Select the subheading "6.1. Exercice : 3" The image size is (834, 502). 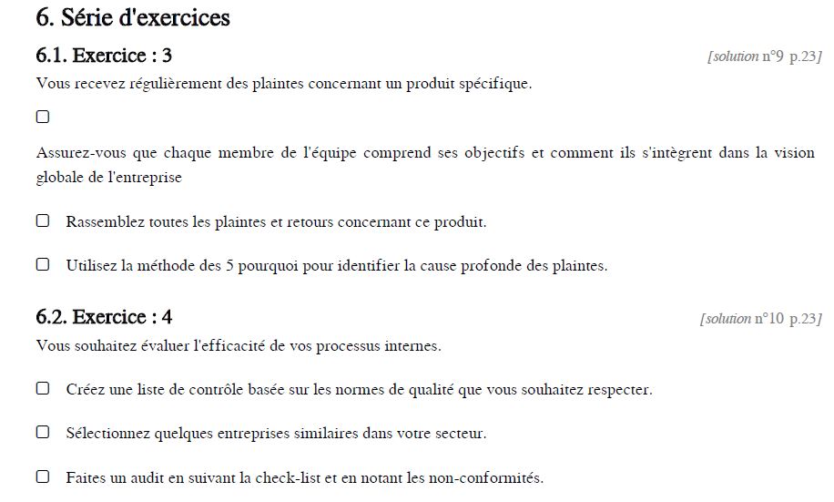coord(104,56)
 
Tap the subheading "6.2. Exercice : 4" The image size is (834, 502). coord(104,317)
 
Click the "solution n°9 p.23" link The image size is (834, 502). coord(765,56)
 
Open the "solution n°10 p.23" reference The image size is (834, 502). coord(761,319)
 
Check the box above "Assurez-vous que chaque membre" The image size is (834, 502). coord(43,117)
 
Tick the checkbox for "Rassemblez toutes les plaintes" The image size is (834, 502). coord(43,220)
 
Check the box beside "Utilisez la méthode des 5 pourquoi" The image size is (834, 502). coord(43,265)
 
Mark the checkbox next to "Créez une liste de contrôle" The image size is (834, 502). coord(43,388)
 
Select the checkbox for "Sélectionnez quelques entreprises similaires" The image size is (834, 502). coord(43,432)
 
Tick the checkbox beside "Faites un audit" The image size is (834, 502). coord(43,476)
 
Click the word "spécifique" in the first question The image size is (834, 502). coord(496,85)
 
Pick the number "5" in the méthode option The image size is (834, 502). coord(230,266)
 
